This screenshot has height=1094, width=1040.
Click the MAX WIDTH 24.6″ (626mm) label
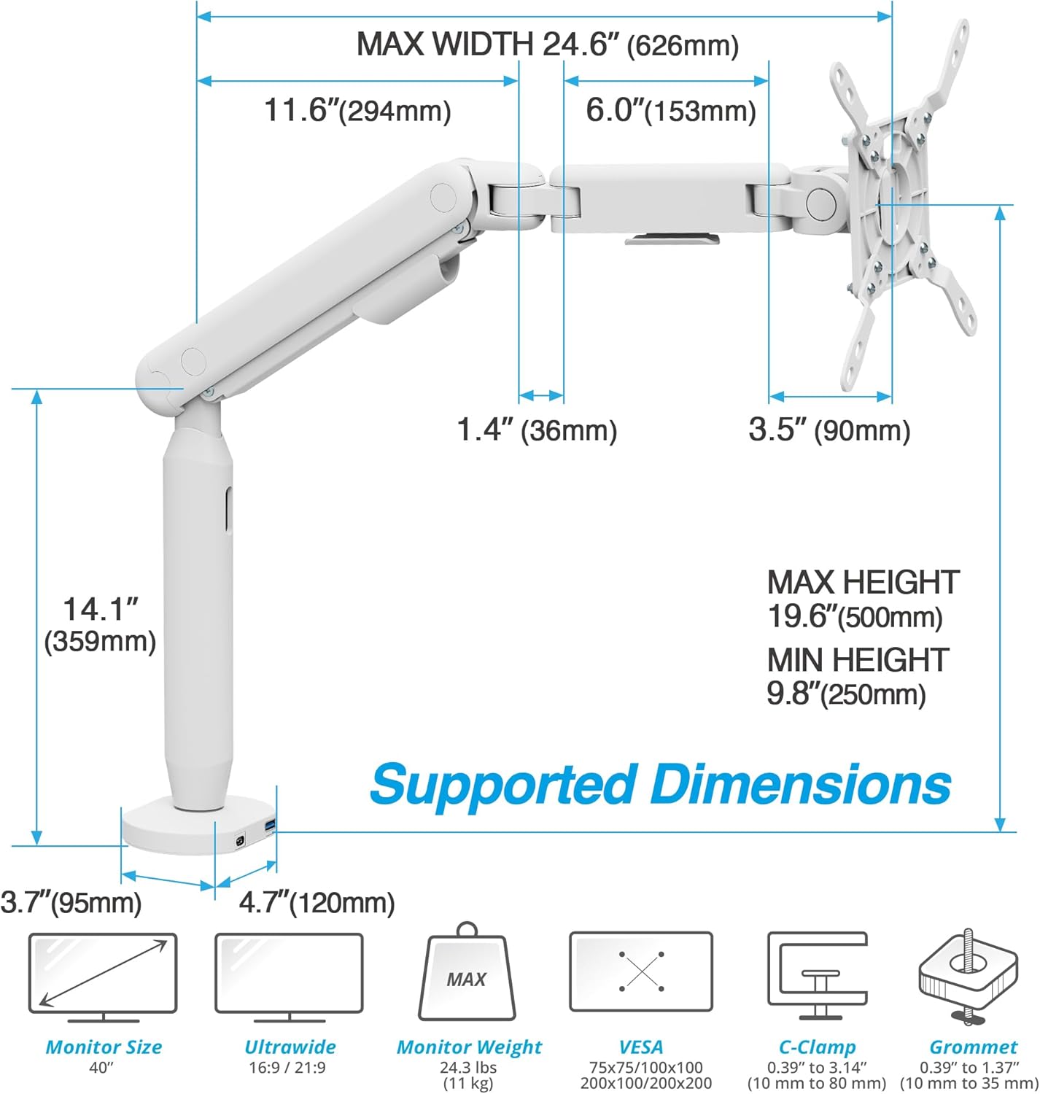(548, 44)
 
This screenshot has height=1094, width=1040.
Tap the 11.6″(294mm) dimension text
(357, 109)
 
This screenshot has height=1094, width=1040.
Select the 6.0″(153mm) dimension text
(670, 109)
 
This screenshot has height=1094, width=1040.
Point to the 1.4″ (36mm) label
(537, 430)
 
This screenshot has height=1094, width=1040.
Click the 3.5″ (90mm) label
(829, 430)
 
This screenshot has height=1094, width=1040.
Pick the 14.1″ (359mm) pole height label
(100, 625)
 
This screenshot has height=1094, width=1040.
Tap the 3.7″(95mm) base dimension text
(71, 902)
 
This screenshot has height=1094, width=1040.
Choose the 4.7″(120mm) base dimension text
(317, 902)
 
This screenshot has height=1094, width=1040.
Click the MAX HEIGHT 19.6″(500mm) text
(863, 599)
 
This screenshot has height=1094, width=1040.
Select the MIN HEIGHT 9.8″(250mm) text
(858, 676)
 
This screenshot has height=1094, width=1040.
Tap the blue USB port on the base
(270, 826)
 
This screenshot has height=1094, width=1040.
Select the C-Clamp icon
(818, 976)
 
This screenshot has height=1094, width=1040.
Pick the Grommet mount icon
(969, 976)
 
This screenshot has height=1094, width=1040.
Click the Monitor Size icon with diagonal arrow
(103, 978)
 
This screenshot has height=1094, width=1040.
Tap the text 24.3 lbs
(468, 1067)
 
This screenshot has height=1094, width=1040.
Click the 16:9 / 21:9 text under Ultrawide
(287, 1067)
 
